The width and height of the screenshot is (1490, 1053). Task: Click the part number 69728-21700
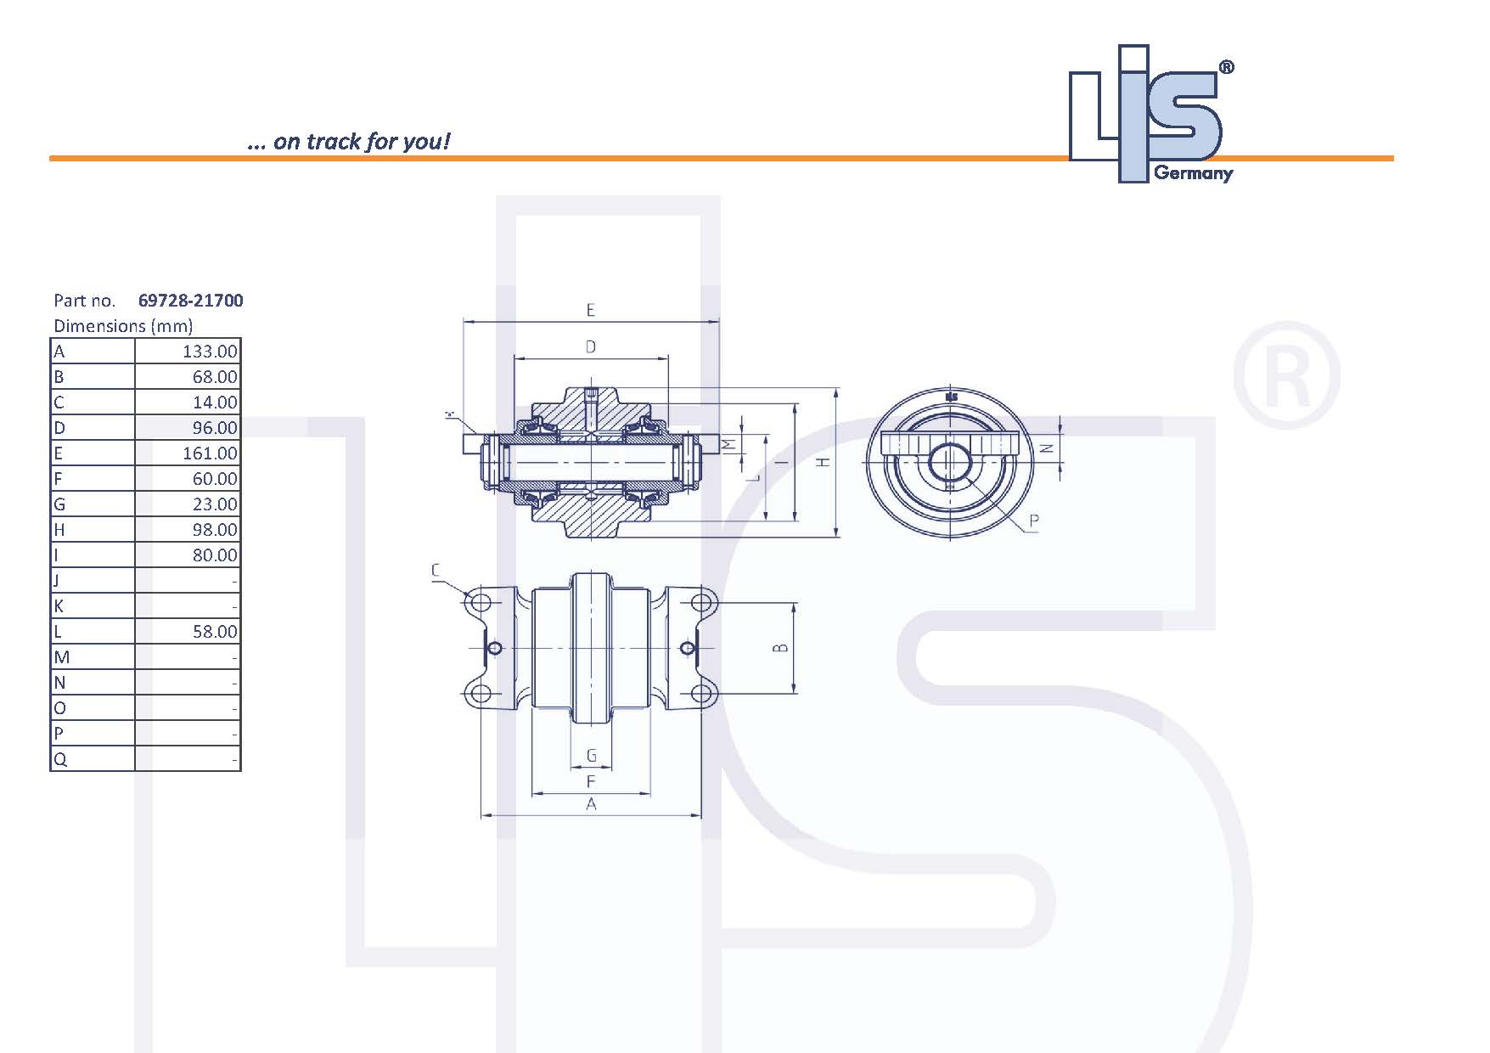tap(190, 301)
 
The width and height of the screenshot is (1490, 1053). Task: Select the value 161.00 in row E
tap(210, 453)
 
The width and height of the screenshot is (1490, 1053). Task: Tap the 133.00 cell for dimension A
tap(210, 352)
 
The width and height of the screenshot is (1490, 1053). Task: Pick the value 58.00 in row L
tap(215, 632)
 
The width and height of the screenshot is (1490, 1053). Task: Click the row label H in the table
tap(59, 530)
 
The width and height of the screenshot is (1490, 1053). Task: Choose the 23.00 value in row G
tap(215, 504)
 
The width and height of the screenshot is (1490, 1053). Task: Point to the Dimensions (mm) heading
tap(123, 326)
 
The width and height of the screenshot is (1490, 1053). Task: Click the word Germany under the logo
tap(1193, 173)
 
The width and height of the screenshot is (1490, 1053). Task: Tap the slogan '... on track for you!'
tap(348, 142)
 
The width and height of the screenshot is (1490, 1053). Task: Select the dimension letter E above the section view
tap(591, 310)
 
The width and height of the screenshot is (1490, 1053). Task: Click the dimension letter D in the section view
tap(591, 346)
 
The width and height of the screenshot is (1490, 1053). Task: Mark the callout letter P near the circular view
tap(1033, 520)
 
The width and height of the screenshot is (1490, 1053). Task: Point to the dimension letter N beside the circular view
tap(1048, 448)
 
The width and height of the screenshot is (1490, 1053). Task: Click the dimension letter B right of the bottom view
tap(781, 648)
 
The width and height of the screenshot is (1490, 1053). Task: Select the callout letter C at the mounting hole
tap(436, 570)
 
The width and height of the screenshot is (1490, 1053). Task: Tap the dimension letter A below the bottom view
tap(592, 803)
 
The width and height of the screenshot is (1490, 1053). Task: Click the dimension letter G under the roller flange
tap(592, 755)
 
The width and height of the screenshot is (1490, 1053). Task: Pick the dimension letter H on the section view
tap(823, 461)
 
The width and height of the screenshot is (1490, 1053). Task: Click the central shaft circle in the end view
tap(949, 462)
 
